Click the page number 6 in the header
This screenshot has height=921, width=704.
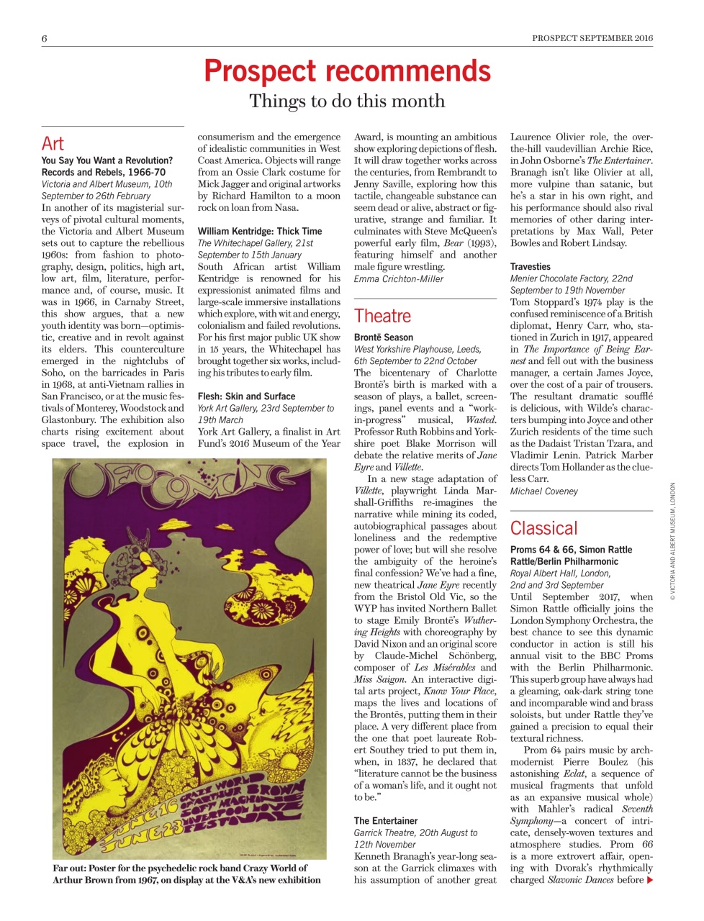(x=45, y=38)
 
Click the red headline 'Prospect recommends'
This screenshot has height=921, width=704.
(x=347, y=71)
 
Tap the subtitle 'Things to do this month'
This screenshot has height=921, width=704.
(x=347, y=101)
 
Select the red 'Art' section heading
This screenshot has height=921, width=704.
(x=53, y=143)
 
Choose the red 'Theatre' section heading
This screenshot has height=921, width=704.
(x=382, y=316)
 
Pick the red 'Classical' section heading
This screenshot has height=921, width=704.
(x=543, y=528)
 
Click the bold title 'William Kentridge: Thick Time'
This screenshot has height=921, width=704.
(x=260, y=232)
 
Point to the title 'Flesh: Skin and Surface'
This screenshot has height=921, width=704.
(x=246, y=396)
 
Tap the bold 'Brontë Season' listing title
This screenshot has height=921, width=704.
(x=384, y=337)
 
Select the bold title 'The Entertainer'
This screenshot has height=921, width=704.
(x=385, y=821)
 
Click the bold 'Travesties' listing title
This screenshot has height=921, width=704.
(x=531, y=267)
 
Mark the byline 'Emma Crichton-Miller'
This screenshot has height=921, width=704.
(x=399, y=278)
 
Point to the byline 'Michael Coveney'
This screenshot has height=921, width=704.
(x=544, y=491)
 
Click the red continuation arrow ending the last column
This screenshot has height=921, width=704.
(x=650, y=880)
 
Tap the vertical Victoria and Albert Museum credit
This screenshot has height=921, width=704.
(x=673, y=541)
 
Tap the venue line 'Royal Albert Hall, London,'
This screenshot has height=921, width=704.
(x=561, y=573)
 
